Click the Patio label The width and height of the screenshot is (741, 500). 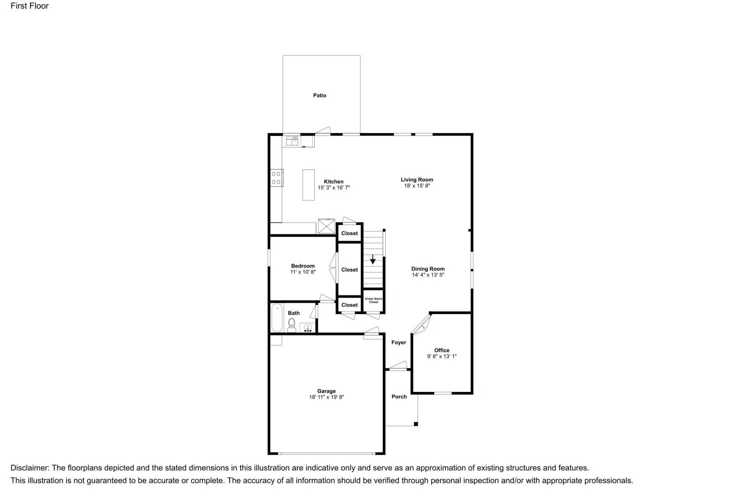coord(319,95)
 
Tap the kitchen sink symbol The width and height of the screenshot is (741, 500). coord(292,141)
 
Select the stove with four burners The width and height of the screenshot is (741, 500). coord(276,178)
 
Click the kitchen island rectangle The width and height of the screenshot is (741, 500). coord(308,185)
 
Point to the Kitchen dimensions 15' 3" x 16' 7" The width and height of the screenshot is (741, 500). coord(333,188)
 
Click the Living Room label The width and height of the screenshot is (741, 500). coord(417,179)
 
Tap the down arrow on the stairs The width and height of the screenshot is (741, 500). coord(373,260)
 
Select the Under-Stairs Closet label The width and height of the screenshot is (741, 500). coord(373,300)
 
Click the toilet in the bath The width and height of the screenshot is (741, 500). coord(292,325)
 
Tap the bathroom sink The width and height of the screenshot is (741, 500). coord(308,328)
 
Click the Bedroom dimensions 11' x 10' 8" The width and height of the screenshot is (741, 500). coord(303,272)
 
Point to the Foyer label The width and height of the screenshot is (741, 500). coord(399,342)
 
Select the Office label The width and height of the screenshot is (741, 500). coord(442,350)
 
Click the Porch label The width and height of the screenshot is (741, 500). coord(399,396)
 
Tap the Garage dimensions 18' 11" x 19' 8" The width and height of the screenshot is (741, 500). coord(326,397)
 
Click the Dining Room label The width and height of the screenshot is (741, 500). coord(428,269)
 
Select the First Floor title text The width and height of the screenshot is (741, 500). coord(30,6)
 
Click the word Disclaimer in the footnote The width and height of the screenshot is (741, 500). coord(30,468)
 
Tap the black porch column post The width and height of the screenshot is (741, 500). coord(416,424)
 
